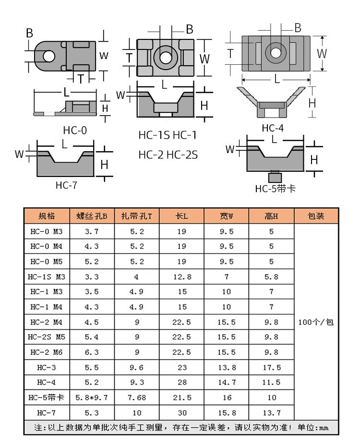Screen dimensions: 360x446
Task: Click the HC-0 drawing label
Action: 75,130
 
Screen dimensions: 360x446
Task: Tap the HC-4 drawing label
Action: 273,128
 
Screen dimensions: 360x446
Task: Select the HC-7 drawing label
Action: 66,185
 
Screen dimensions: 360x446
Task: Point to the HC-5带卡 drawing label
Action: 275,189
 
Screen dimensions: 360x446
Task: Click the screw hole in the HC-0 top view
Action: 49,56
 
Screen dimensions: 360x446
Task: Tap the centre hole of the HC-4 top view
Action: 275,52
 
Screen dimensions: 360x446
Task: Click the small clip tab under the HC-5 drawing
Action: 275,177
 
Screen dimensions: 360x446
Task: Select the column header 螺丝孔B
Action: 92,216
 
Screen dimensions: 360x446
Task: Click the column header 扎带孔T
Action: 136,216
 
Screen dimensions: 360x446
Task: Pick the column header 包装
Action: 316,216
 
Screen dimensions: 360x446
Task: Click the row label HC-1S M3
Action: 47,277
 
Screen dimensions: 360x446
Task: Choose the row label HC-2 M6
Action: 47,352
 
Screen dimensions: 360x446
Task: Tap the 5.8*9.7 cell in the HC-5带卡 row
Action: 92,398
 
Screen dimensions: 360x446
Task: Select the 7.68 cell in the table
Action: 137,398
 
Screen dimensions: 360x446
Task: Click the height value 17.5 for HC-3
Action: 272,367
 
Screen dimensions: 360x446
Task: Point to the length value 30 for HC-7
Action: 182,413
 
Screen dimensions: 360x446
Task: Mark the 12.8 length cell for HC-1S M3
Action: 182,277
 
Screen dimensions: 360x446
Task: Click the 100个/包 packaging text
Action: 316,322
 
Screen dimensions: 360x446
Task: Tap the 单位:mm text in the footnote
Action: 313,427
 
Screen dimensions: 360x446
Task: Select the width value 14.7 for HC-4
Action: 227,383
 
